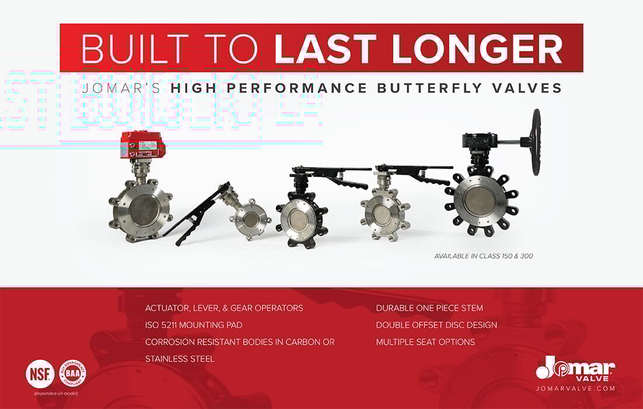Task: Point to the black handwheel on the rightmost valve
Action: coord(535,141)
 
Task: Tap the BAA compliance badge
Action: coord(72,372)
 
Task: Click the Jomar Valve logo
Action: coord(575,368)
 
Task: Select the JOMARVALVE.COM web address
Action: coord(575,388)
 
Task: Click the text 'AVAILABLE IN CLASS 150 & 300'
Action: coord(483,256)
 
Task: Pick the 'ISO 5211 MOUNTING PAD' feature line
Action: coord(193,325)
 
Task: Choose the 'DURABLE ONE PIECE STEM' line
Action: coord(429,308)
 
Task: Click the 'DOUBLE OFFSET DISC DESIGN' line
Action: coord(436,325)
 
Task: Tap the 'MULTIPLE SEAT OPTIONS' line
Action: coord(425,342)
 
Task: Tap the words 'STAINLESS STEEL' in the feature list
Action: coord(179,359)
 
